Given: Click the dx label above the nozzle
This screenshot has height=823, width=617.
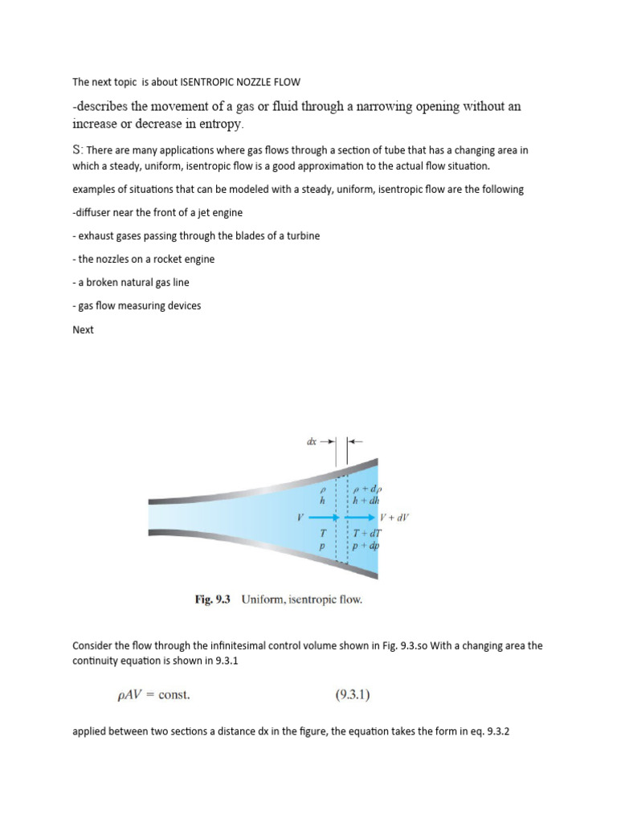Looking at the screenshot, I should coord(312,440).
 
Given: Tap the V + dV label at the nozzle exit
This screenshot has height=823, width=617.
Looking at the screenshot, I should coord(394,518).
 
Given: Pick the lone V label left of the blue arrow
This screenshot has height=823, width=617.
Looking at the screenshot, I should coord(300,518).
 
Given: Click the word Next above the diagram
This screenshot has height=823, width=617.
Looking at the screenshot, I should coord(83,330).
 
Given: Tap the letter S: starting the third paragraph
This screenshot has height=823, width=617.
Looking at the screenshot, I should coord(78,150).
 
